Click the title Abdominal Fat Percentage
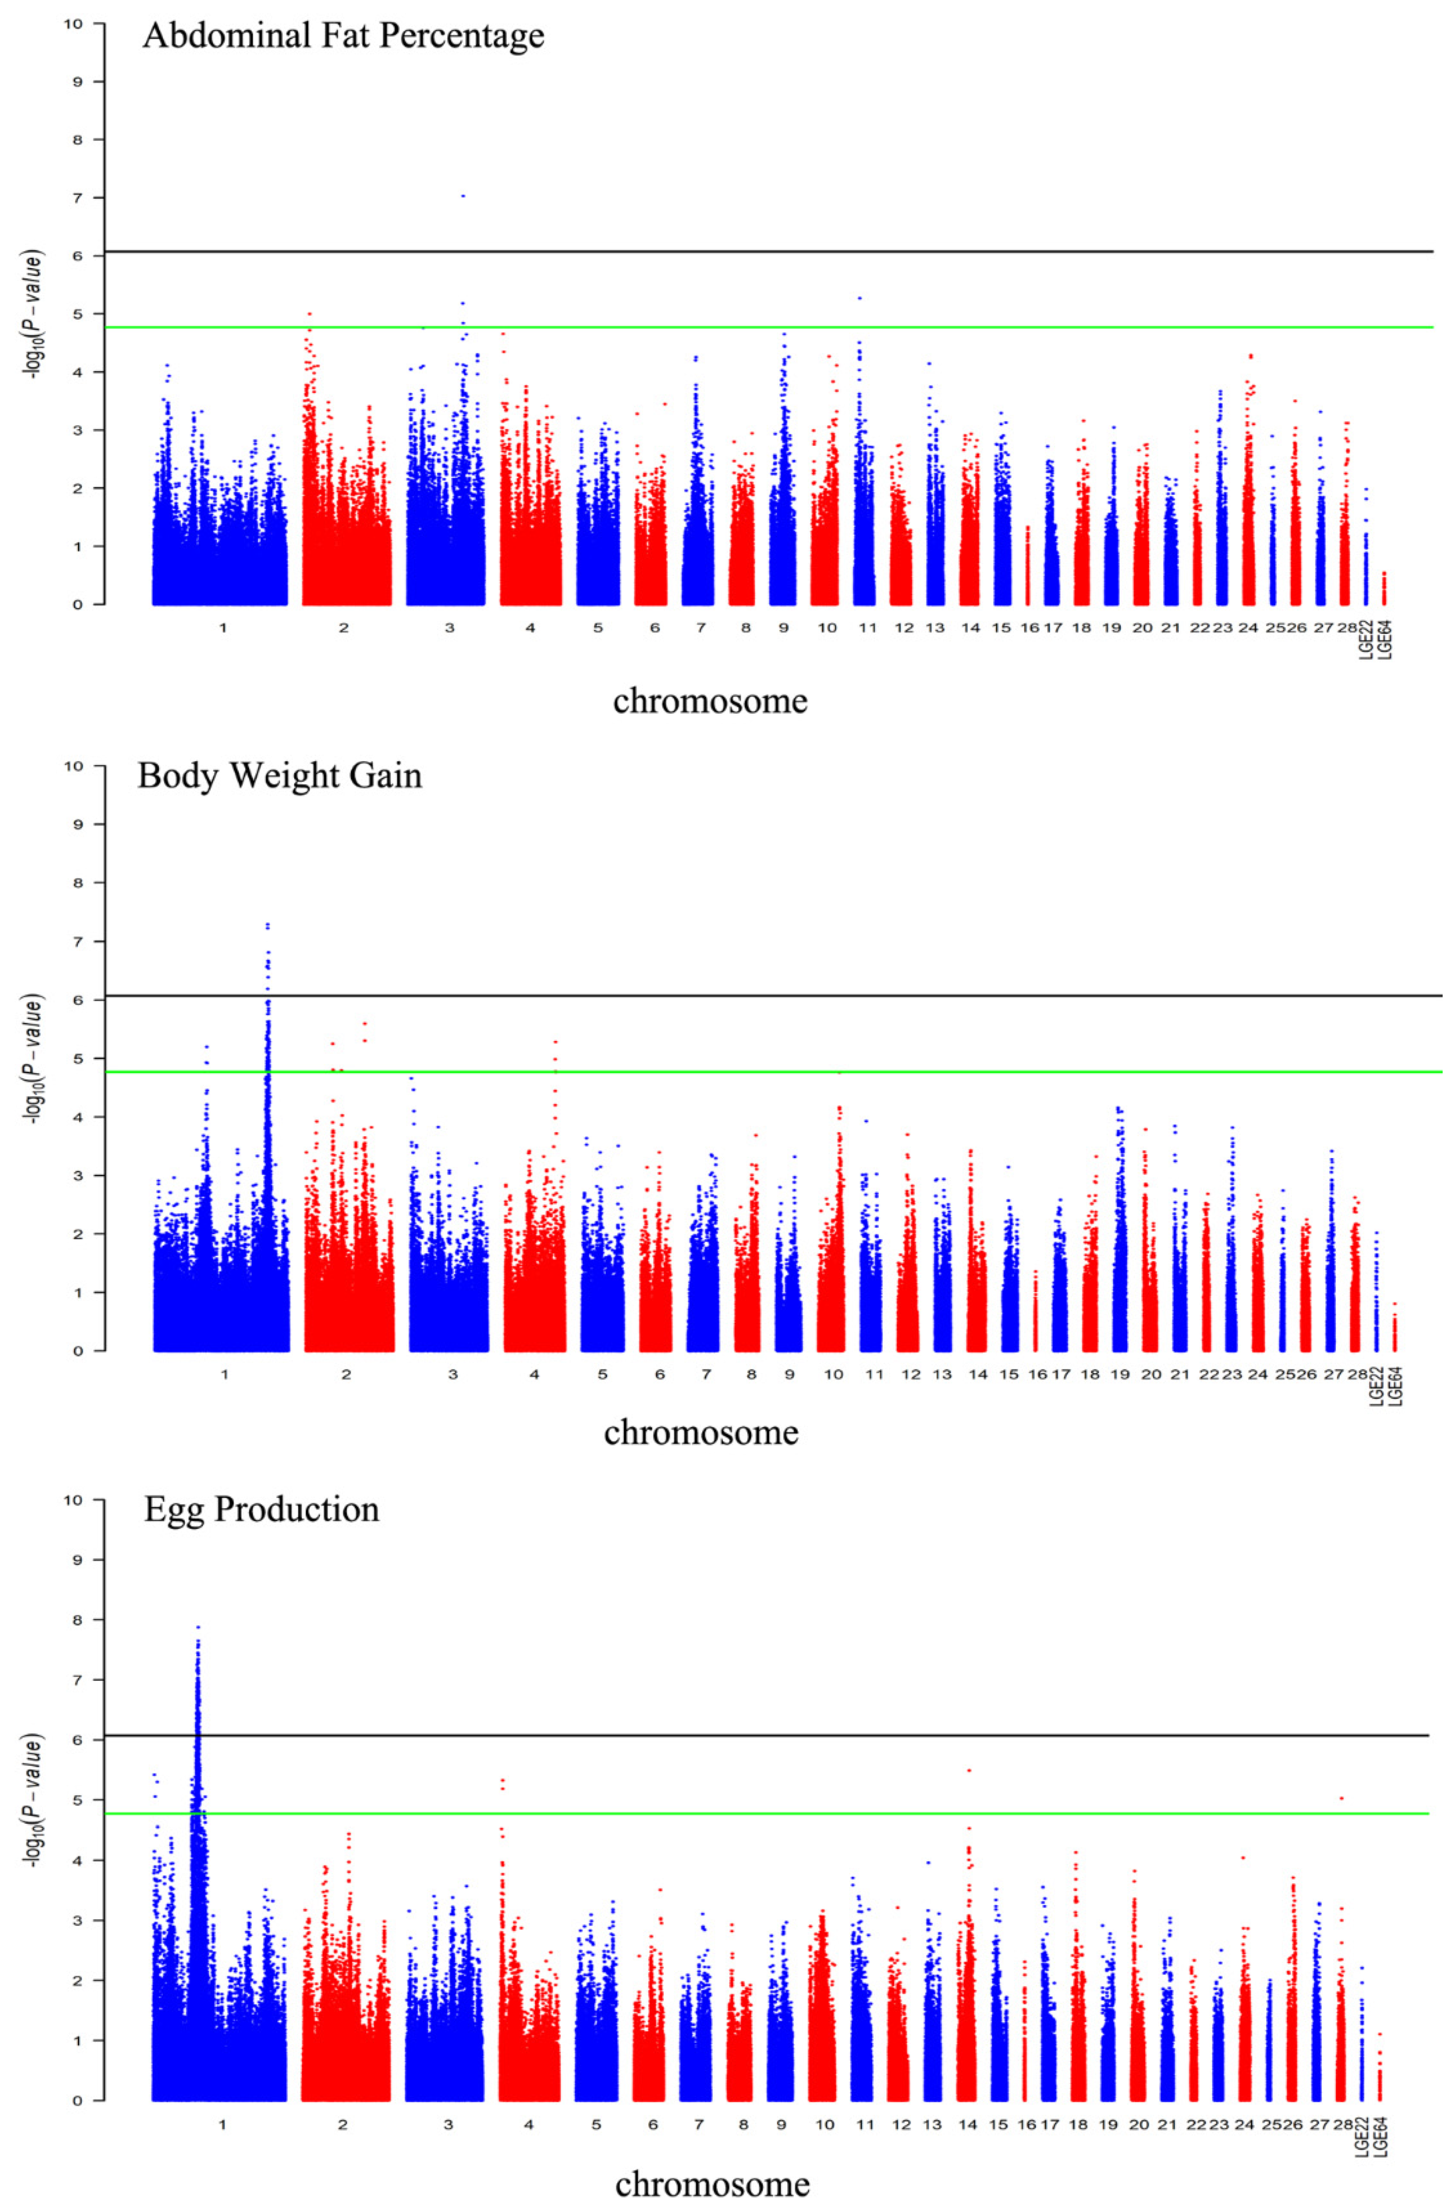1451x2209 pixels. coord(343,36)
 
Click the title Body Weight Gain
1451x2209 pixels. coord(280,775)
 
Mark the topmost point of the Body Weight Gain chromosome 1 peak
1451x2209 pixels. coord(267,924)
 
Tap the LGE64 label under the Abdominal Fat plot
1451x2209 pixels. coord(1385,641)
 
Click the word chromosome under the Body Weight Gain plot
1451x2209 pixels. coord(701,1433)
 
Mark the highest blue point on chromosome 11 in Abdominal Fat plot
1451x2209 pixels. coord(860,298)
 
